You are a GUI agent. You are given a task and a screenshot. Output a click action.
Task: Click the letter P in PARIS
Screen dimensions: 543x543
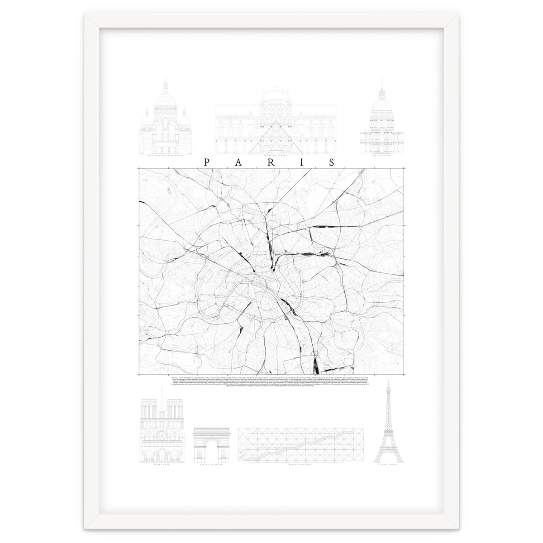pos(207,163)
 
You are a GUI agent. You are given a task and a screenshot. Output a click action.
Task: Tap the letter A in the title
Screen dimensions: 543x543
pos(238,163)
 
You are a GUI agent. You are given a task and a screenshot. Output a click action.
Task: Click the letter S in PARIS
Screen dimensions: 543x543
pos(333,163)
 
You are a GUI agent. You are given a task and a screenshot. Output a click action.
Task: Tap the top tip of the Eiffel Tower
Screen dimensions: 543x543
pos(388,381)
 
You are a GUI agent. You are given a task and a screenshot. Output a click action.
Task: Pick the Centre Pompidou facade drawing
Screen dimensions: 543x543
pos(297,444)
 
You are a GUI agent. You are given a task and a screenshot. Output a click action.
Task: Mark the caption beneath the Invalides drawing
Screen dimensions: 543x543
pos(381,155)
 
